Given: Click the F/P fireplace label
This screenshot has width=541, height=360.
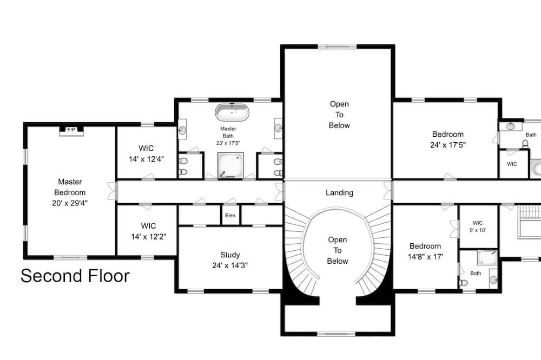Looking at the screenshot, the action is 71,130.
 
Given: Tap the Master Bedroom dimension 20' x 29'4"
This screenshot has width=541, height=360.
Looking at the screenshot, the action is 70,203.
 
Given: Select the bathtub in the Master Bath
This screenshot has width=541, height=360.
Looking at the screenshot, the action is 232,112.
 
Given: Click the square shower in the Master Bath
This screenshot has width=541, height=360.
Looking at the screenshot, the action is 230,165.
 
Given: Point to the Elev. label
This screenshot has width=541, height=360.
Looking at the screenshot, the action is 230,216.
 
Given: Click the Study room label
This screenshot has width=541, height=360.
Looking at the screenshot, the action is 230,255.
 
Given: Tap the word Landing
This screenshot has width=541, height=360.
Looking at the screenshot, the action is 340,193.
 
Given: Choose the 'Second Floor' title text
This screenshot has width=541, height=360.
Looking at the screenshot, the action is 75,276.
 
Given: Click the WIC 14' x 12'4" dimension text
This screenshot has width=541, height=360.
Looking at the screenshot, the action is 146,159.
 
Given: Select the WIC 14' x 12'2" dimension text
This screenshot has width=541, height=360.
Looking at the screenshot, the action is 149,237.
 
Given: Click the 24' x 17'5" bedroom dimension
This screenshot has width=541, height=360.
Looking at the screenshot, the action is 448,145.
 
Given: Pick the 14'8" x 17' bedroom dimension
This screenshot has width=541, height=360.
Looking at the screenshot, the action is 425,257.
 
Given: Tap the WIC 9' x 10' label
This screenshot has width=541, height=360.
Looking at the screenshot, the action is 478,226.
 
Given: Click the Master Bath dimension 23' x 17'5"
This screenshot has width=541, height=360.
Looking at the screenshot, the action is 228,143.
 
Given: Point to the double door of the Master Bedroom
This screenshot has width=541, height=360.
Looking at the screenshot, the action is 113,191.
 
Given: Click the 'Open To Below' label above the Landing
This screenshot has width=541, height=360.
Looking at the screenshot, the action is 339,115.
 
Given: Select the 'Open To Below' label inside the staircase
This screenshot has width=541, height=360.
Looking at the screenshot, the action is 338,250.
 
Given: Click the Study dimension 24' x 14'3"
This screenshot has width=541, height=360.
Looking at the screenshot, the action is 230,265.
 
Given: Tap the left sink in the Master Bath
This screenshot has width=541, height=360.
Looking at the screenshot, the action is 182,129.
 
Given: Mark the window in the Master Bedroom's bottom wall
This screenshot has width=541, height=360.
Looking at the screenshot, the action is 70,257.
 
